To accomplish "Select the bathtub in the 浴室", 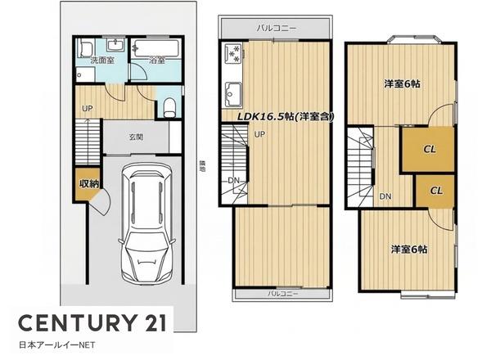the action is click(x=155, y=48).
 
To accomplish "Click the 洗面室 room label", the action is click(x=101, y=61).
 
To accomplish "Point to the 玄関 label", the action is click(x=136, y=137).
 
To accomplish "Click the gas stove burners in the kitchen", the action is click(x=234, y=53).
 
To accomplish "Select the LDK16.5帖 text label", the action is click(x=286, y=117).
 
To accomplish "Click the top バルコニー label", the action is click(x=277, y=28).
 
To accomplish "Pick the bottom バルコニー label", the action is click(x=283, y=294).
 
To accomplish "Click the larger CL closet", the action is click(x=428, y=149).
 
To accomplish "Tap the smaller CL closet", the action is click(x=435, y=191).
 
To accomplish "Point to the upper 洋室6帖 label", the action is click(x=402, y=84).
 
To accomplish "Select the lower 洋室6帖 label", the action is click(x=409, y=250).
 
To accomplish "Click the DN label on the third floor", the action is click(x=385, y=196).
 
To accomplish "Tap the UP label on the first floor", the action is click(x=88, y=108).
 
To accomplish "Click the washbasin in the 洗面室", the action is click(x=116, y=45).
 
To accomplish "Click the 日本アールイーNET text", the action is click(x=57, y=345).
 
